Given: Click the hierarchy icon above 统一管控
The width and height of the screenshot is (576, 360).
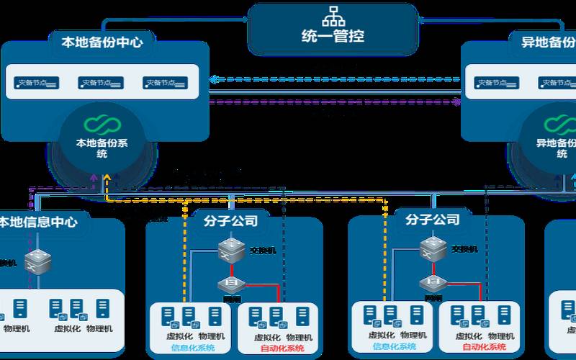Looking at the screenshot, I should coord(333,14).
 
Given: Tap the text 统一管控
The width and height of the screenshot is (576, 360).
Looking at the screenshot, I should coord(332,35).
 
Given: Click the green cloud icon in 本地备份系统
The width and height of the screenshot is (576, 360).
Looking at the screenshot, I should coord(102,124).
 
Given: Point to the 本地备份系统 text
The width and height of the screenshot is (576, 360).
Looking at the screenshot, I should coord(102,147).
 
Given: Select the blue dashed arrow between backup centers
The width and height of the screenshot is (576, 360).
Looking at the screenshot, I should coord(335,79).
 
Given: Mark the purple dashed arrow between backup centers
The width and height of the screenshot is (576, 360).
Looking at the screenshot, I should coord(335,102).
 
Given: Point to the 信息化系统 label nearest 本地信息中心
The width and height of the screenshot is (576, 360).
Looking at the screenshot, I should coord(192,348).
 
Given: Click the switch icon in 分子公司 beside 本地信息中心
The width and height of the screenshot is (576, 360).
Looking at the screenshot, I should coord(230,250).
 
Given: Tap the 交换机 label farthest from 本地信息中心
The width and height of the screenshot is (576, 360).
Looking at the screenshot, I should coord(465,249).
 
